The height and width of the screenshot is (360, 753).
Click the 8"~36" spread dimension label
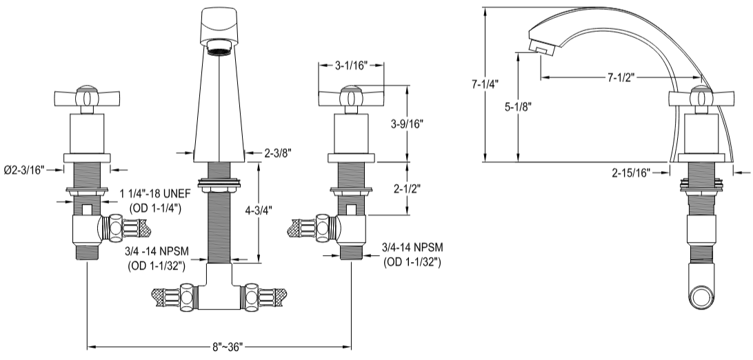(219, 347)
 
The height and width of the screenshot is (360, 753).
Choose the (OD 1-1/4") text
(154, 209)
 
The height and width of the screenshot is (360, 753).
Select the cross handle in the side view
(701, 97)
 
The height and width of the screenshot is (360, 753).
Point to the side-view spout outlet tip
(539, 48)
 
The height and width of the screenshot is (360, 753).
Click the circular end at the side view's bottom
(701, 298)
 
